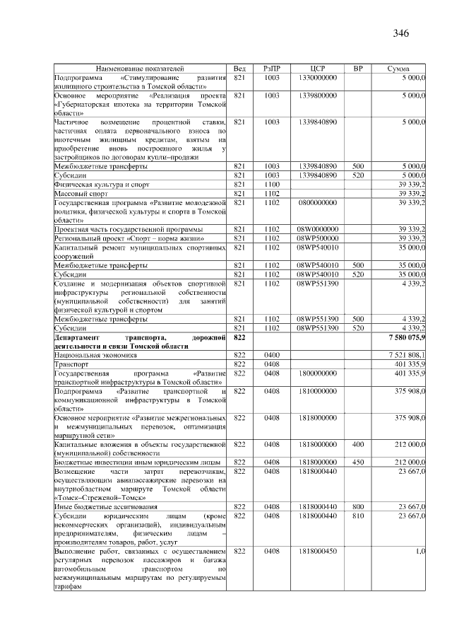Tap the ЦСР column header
coord(316,69)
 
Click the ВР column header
coord(357,69)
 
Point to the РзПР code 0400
coord(272,355)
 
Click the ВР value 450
coord(357,461)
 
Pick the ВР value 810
coord(357,516)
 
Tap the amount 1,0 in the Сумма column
coord(420,550)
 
